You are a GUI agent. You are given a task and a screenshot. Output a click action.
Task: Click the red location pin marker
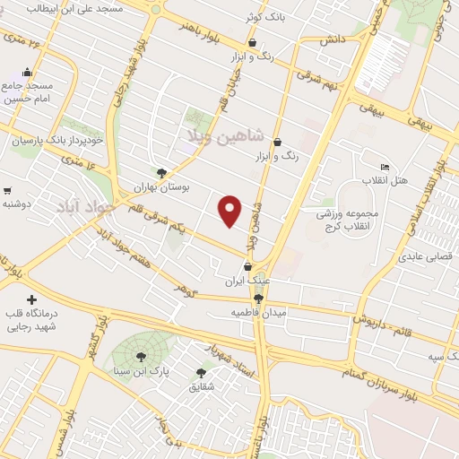coord(231,210)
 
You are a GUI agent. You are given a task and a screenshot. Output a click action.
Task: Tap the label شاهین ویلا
coord(225,136)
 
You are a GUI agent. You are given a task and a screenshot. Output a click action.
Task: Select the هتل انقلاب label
coord(385,181)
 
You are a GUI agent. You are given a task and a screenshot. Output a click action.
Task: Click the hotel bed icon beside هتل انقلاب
coord(385,168)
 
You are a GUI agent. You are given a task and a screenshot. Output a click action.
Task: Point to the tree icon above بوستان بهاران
coord(161,173)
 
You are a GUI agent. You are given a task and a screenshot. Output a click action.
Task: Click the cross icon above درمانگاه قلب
coord(32,299)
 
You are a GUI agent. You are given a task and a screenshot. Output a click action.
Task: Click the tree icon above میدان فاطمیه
coord(258,299)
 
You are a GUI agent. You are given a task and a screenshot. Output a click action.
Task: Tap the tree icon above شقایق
coord(201,372)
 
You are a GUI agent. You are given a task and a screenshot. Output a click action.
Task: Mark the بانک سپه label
coord(441,357)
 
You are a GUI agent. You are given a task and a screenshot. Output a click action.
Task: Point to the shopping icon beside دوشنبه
coord(7,190)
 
